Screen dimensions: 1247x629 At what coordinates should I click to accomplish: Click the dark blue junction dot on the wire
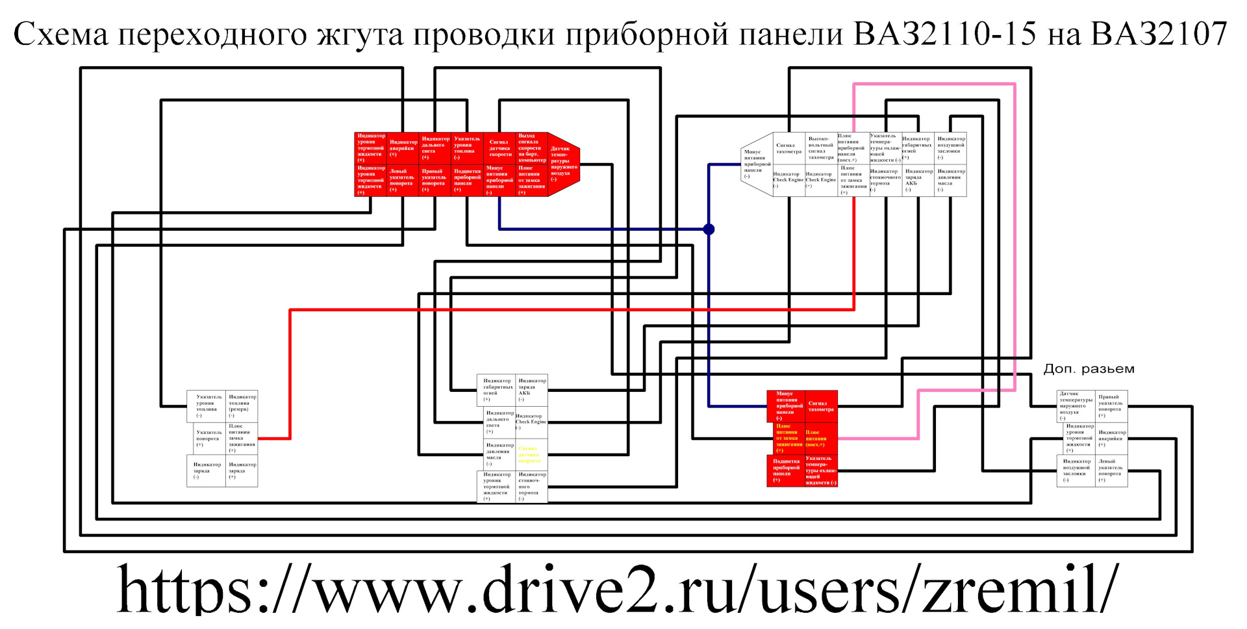click(709, 229)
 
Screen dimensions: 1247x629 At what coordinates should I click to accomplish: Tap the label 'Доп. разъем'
click(1089, 369)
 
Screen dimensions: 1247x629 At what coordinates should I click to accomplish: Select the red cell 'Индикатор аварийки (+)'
click(403, 148)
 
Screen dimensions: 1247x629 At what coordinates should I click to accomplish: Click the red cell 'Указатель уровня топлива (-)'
click(467, 148)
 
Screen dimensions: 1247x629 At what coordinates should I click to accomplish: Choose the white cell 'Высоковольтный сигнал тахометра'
click(821, 148)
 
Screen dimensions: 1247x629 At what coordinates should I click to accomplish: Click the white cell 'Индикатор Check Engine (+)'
click(821, 180)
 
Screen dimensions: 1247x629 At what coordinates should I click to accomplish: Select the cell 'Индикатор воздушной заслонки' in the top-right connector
click(950, 148)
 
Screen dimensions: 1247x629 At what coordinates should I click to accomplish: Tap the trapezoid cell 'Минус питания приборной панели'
click(756, 164)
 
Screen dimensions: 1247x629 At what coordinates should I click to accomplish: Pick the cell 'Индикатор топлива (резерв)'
click(242, 406)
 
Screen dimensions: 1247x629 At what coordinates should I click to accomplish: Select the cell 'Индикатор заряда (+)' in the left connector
click(242, 471)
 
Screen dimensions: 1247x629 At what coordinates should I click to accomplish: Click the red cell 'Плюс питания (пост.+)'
click(820, 439)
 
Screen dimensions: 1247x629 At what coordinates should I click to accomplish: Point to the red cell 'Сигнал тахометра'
click(821, 406)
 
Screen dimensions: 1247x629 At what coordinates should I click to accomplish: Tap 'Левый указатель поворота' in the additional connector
click(1111, 471)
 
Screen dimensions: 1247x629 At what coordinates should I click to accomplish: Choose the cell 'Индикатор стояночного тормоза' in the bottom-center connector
click(531, 487)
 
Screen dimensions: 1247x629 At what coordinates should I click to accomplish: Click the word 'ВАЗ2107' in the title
click(1159, 34)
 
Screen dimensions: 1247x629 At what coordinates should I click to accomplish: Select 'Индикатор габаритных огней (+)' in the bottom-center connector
click(498, 390)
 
